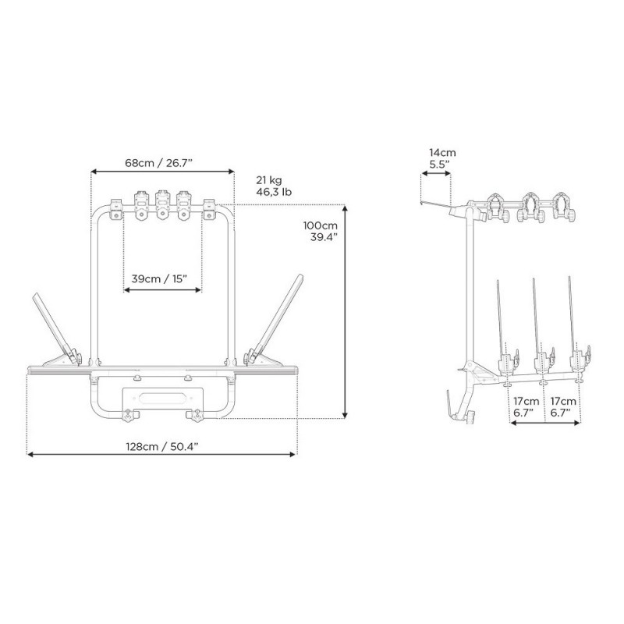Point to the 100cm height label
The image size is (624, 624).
(x=320, y=225)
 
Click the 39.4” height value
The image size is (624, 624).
(x=322, y=237)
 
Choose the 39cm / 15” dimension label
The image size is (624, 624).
(x=163, y=277)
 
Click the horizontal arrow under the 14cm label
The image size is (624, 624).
(x=435, y=176)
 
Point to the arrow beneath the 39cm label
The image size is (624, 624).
(x=163, y=290)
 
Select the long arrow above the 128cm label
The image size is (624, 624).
(x=161, y=454)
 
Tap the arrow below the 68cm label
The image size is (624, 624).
(x=162, y=171)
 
